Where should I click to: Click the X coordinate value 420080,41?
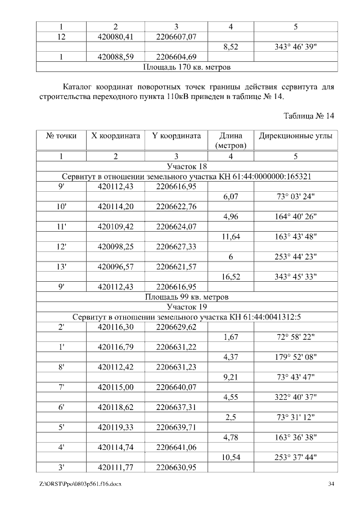(x=115, y=37)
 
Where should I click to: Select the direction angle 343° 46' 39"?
(x=295, y=47)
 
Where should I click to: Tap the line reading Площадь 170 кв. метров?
(x=187, y=67)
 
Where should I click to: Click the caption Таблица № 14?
(x=309, y=116)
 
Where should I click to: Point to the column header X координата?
(x=115, y=136)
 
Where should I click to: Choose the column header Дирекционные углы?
(x=295, y=136)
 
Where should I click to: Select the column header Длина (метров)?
(x=231, y=141)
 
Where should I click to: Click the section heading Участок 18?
(x=187, y=166)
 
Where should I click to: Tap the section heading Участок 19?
(x=187, y=307)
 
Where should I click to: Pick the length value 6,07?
(x=231, y=197)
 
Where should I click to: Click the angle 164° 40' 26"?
(x=295, y=217)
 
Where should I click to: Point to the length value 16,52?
(x=231, y=276)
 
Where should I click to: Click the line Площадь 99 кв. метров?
(x=187, y=296)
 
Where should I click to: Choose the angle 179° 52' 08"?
(x=295, y=357)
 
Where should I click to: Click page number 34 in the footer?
(x=331, y=484)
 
